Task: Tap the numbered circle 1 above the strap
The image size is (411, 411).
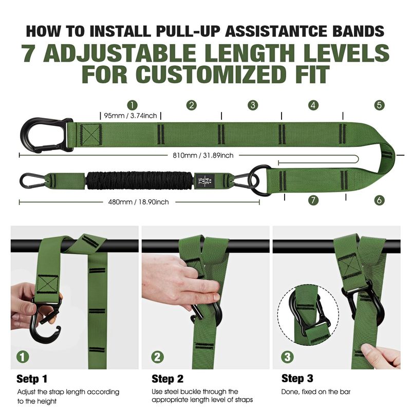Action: pyautogui.click(x=133, y=105)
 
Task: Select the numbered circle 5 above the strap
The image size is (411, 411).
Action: pyautogui.click(x=379, y=105)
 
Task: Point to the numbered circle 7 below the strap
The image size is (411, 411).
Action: pyautogui.click(x=313, y=200)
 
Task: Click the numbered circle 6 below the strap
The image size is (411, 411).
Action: pyautogui.click(x=379, y=200)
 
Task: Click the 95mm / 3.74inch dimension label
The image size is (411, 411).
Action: pyautogui.click(x=130, y=116)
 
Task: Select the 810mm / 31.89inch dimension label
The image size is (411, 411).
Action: pyautogui.click(x=203, y=156)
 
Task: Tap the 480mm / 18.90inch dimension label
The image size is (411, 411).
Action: pyautogui.click(x=138, y=202)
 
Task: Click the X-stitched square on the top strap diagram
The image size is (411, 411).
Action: pyautogui.click(x=91, y=135)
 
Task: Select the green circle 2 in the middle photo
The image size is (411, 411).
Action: pyautogui.click(x=157, y=357)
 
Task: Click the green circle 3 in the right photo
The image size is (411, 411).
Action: pyautogui.click(x=287, y=357)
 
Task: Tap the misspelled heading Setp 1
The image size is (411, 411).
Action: pyautogui.click(x=32, y=379)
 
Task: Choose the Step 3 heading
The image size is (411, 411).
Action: pyautogui.click(x=297, y=379)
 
